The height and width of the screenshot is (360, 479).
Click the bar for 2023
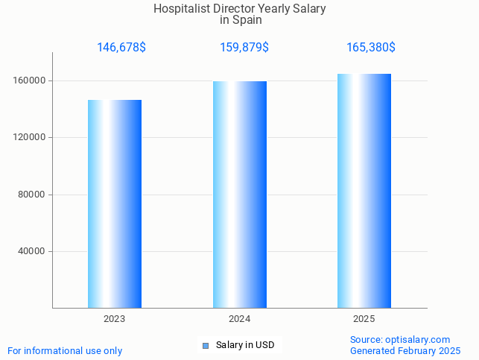click(x=115, y=203)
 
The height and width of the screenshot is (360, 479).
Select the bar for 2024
click(x=240, y=194)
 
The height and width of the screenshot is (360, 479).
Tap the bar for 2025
click(x=364, y=190)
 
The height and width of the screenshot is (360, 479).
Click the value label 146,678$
click(x=121, y=48)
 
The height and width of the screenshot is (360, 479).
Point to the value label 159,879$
click(x=244, y=48)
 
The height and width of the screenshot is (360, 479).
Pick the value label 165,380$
click(x=371, y=48)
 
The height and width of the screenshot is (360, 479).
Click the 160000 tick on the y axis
click(x=31, y=80)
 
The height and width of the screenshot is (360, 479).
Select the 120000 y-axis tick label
click(x=31, y=138)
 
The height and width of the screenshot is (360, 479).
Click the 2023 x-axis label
click(x=115, y=319)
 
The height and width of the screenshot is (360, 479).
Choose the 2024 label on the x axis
click(x=239, y=319)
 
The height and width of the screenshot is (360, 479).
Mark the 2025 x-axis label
click(x=364, y=319)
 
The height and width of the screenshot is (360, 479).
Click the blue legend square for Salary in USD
click(x=206, y=345)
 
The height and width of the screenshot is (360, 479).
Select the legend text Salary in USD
click(x=245, y=345)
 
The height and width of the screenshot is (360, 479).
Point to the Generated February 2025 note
click(x=405, y=350)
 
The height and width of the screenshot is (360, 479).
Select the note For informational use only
click(x=65, y=350)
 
